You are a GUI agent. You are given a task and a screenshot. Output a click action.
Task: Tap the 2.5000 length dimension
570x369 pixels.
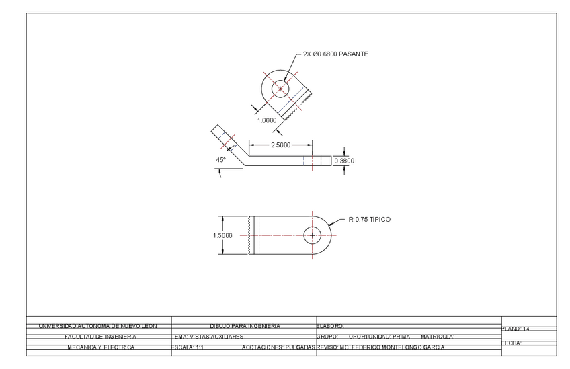[281, 145]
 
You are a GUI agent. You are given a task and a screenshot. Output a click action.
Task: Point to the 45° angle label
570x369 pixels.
[220, 160]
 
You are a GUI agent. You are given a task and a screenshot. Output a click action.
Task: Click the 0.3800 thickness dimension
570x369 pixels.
[344, 161]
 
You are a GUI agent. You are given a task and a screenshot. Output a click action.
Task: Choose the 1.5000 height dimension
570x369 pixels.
[222, 235]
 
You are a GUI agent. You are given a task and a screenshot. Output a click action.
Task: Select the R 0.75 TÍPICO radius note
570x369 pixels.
[369, 219]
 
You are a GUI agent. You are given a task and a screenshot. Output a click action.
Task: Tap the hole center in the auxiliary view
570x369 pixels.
[281, 89]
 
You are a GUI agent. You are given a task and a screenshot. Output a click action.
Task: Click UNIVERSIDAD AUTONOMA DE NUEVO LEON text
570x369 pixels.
[97, 326]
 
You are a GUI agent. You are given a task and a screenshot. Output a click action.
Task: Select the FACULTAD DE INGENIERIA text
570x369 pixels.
[100, 336]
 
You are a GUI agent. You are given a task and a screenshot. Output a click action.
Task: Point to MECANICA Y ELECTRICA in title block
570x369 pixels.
[100, 347]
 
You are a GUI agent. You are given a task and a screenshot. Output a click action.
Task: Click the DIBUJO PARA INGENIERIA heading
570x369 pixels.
[245, 326]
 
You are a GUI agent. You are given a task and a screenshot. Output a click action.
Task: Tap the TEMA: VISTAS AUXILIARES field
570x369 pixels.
[208, 336]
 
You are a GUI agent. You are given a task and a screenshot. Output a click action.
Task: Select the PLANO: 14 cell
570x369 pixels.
[516, 329]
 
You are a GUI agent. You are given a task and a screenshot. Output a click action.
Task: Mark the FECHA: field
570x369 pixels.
[512, 343]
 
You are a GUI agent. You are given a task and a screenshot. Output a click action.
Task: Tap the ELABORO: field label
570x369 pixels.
[329, 326]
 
